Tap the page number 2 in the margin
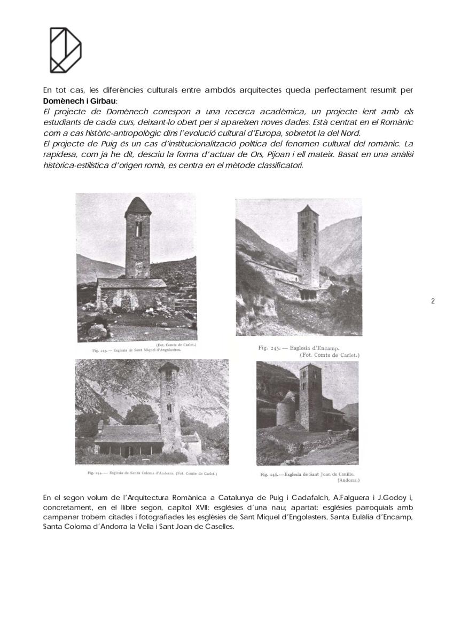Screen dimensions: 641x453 pyautogui.click(x=433, y=301)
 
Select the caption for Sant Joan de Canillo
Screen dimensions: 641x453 pyautogui.click(x=307, y=474)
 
